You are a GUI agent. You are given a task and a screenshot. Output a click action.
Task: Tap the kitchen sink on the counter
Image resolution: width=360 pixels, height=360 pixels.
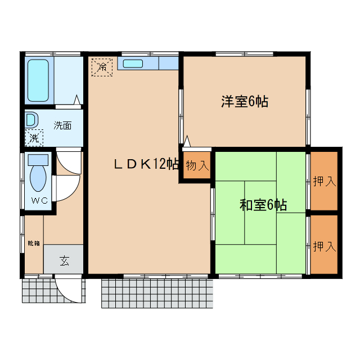click(133, 64)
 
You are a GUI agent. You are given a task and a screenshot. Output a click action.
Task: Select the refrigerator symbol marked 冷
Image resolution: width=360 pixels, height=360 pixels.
click(102, 66)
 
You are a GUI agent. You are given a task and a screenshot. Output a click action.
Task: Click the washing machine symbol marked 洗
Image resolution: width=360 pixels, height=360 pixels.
click(34, 137)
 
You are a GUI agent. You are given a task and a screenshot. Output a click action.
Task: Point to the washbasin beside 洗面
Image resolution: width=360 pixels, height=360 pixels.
click(32, 120)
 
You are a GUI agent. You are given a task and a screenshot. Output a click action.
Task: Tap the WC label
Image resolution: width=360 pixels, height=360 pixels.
click(39, 201)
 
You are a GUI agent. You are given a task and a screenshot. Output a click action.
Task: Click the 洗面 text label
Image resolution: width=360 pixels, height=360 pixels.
click(62, 125)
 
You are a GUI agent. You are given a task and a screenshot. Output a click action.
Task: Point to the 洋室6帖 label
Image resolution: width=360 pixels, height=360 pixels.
click(244, 102)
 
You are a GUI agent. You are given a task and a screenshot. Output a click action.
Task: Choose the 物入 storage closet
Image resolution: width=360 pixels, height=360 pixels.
click(197, 166)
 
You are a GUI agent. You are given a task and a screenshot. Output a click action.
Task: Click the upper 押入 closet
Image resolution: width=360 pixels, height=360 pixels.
click(325, 181)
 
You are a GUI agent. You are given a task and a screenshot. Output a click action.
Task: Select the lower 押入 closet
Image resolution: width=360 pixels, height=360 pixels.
click(325, 246)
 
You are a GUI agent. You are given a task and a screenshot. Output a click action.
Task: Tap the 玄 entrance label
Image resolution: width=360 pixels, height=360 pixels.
click(64, 260)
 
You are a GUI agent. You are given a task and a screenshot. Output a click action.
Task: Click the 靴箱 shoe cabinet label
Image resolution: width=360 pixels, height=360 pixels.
click(34, 243)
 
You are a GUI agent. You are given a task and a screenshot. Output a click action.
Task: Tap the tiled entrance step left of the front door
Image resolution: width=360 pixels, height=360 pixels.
click(37, 290)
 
